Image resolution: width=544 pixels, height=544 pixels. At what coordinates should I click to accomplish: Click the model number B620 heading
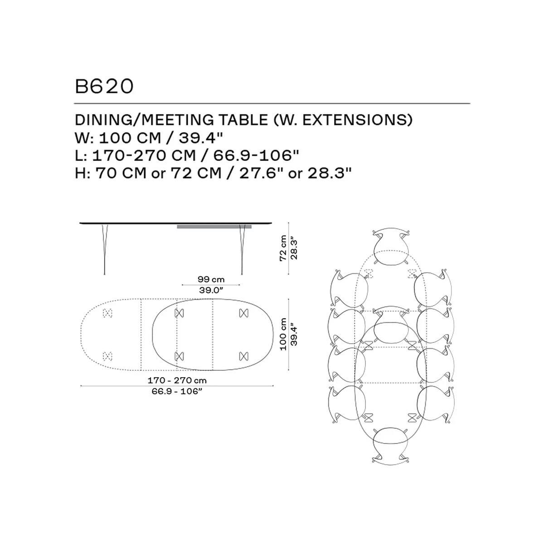(104, 87)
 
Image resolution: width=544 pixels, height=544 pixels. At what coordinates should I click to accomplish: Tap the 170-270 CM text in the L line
(144, 155)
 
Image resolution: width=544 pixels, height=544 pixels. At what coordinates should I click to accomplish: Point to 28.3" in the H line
(330, 173)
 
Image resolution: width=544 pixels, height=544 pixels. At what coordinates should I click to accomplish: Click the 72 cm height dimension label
(283, 248)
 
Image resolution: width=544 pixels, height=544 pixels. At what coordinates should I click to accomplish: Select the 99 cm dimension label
(211, 279)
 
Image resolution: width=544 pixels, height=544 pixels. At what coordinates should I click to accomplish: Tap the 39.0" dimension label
(211, 290)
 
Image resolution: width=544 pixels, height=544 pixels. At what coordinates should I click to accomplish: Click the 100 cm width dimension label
(283, 334)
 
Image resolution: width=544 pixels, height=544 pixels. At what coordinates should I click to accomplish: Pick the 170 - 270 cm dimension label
(177, 380)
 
